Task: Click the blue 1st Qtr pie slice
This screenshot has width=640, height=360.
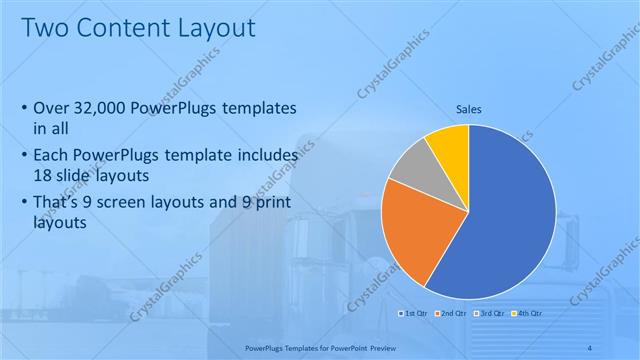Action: (510, 220)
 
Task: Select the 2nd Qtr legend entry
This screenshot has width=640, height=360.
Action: (451, 315)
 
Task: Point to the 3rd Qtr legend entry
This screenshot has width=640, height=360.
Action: (489, 315)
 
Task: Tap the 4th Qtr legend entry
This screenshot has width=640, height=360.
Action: (526, 315)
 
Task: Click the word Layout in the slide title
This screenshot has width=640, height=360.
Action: (215, 27)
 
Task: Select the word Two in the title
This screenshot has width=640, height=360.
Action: (42, 27)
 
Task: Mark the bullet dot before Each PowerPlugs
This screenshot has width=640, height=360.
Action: (24, 157)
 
